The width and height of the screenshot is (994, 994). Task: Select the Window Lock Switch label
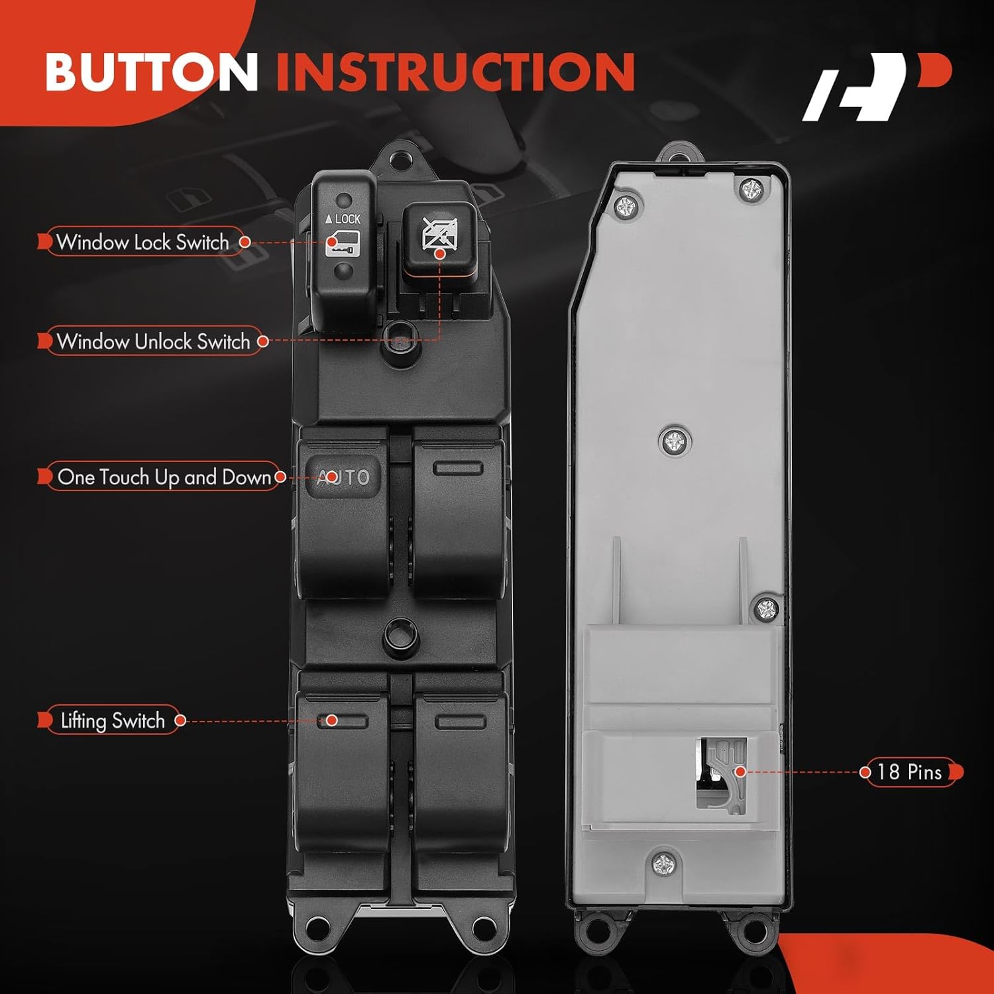(142, 243)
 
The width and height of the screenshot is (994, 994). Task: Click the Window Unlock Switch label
(153, 341)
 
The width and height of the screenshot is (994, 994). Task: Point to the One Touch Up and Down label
(164, 477)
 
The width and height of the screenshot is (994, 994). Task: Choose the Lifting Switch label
(113, 720)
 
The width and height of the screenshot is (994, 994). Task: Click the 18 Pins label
(909, 772)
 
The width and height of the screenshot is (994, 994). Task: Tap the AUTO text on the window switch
(343, 477)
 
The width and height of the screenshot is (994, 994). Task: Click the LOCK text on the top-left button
(343, 219)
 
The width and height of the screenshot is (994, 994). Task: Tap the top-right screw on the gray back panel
(751, 191)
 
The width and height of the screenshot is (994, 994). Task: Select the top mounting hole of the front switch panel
(398, 160)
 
